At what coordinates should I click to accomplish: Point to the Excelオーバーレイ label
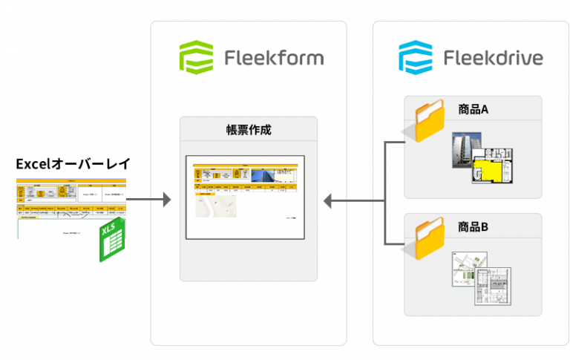click(x=71, y=163)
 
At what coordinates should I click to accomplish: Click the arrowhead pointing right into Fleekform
click(x=166, y=200)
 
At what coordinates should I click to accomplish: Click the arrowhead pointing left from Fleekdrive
click(x=328, y=200)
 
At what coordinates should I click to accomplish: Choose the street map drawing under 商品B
click(x=467, y=269)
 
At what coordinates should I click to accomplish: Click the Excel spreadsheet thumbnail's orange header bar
click(x=71, y=180)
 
